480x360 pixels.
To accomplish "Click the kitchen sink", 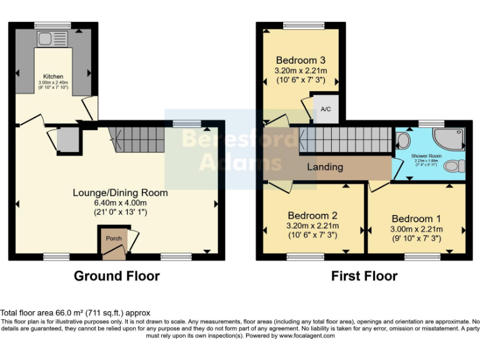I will [x=47, y=39].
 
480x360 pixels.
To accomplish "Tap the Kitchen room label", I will [x=54, y=76].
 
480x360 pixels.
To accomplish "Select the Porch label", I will [x=113, y=239].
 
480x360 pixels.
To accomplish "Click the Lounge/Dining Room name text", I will [x=120, y=192].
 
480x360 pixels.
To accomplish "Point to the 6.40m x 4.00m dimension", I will [x=119, y=202].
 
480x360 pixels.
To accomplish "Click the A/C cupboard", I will [x=325, y=108].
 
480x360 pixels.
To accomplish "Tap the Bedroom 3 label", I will [x=301, y=60].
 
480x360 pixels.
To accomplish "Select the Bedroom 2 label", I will [x=312, y=215].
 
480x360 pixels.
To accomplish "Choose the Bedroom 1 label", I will [x=416, y=218].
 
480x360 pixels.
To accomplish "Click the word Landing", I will [x=324, y=167].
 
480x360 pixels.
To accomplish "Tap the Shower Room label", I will [x=426, y=156].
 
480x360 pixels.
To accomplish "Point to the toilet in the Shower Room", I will [x=459, y=166].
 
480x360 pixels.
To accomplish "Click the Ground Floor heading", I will [x=117, y=276].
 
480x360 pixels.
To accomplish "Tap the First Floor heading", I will [x=364, y=276].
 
